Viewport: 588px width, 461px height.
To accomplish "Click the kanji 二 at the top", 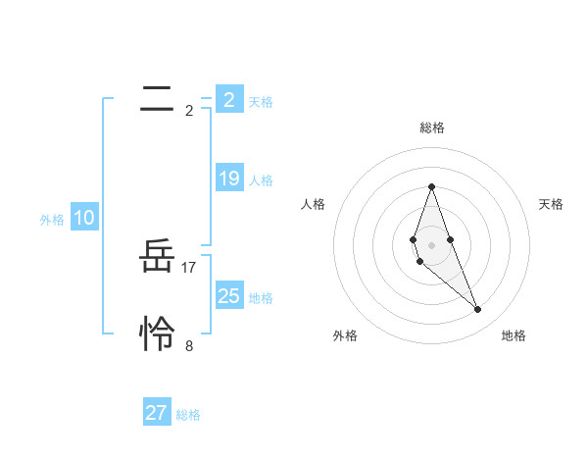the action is pos(157,99).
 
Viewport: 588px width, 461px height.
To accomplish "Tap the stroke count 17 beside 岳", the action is pos(189,267).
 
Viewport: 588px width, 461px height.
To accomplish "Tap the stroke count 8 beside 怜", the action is pos(189,345).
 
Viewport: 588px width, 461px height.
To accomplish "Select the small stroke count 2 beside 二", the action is pos(189,110).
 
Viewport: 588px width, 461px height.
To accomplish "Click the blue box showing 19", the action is pos(229,179).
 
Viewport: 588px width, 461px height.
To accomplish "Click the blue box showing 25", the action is pos(229,296).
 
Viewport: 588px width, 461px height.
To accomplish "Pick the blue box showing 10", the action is pos(84,218).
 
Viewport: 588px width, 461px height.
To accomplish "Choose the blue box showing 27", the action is pos(157,413).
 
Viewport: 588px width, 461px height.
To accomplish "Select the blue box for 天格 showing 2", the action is pos(229,100).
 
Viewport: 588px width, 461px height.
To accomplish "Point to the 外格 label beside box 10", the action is pos(52,220).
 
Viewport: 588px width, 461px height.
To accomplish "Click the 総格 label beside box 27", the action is pos(188,415).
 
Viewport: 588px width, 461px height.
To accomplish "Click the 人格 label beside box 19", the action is pos(261,180).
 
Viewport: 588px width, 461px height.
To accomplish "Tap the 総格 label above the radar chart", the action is pos(431,128).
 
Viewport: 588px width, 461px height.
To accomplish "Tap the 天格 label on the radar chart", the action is pos(552,204).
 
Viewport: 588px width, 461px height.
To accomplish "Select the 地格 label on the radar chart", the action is pos(514,335).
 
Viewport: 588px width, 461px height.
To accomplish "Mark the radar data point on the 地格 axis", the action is pos(478,310).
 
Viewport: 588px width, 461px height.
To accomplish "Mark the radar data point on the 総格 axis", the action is pos(431,186).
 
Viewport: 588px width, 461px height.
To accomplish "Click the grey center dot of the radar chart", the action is pos(431,245).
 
